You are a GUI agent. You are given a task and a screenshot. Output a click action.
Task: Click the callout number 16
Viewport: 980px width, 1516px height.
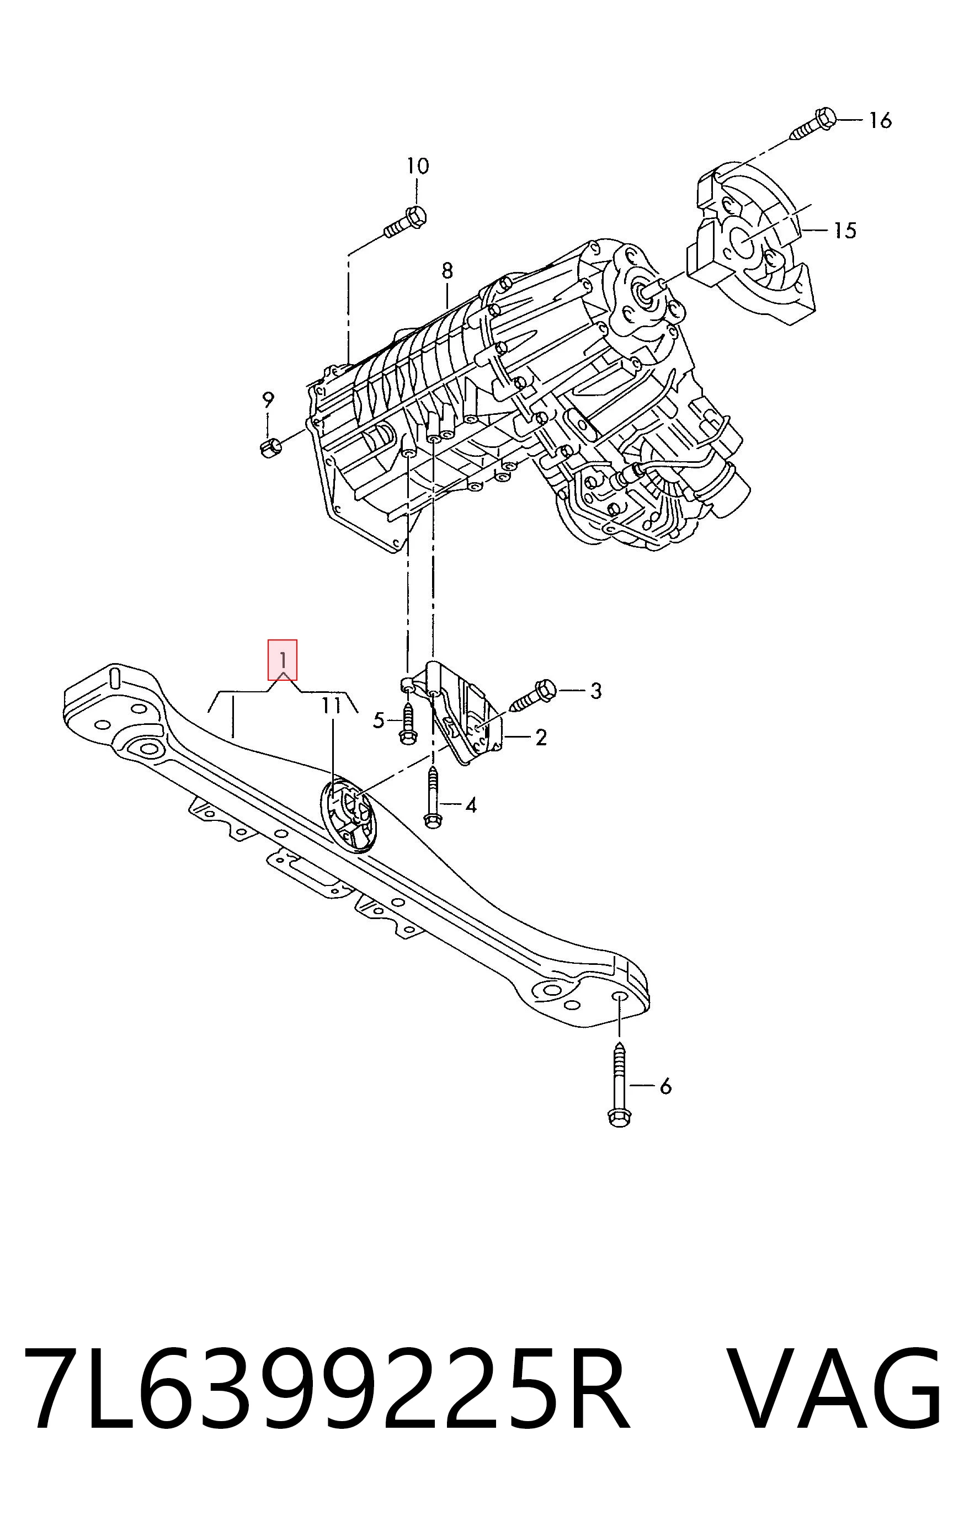pyautogui.click(x=881, y=120)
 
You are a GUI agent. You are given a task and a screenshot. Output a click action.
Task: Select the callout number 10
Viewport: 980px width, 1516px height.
pyautogui.click(x=418, y=166)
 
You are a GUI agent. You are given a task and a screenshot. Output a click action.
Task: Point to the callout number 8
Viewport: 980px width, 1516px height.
pyautogui.click(x=448, y=271)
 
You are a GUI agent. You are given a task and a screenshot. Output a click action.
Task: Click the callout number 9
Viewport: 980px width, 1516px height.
pyautogui.click(x=269, y=400)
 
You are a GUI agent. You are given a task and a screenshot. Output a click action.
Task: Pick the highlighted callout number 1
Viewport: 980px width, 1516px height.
pyautogui.click(x=283, y=659)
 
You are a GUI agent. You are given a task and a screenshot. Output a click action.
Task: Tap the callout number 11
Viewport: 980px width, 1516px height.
pyautogui.click(x=331, y=706)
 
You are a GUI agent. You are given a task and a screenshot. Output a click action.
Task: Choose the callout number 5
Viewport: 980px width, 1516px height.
pyautogui.click(x=379, y=721)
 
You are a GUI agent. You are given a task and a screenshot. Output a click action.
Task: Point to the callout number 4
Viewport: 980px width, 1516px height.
pyautogui.click(x=471, y=806)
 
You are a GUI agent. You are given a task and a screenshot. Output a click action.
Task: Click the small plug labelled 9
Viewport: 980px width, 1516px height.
pyautogui.click(x=271, y=447)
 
